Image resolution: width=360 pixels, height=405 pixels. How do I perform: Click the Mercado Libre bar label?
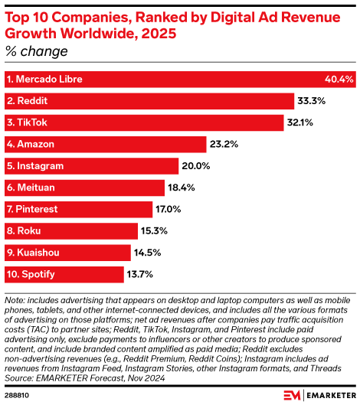pos(44,79)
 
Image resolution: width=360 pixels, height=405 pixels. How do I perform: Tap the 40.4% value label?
pos(339,79)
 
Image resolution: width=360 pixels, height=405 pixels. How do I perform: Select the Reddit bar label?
pos(29,100)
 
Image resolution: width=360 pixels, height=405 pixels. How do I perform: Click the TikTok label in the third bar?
pos(28,122)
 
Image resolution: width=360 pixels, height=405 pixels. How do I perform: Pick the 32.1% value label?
pos(305,122)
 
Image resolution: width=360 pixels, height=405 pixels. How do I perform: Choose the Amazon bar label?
pos(32,144)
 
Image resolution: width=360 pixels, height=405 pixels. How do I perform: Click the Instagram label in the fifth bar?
pos(36,165)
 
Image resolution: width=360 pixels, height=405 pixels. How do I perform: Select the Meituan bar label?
pos(33,187)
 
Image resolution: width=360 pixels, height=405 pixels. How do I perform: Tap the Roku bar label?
pos(25,230)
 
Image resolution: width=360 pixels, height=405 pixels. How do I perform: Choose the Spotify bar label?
pos(32,273)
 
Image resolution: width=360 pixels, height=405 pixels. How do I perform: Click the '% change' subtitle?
pos(36,52)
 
